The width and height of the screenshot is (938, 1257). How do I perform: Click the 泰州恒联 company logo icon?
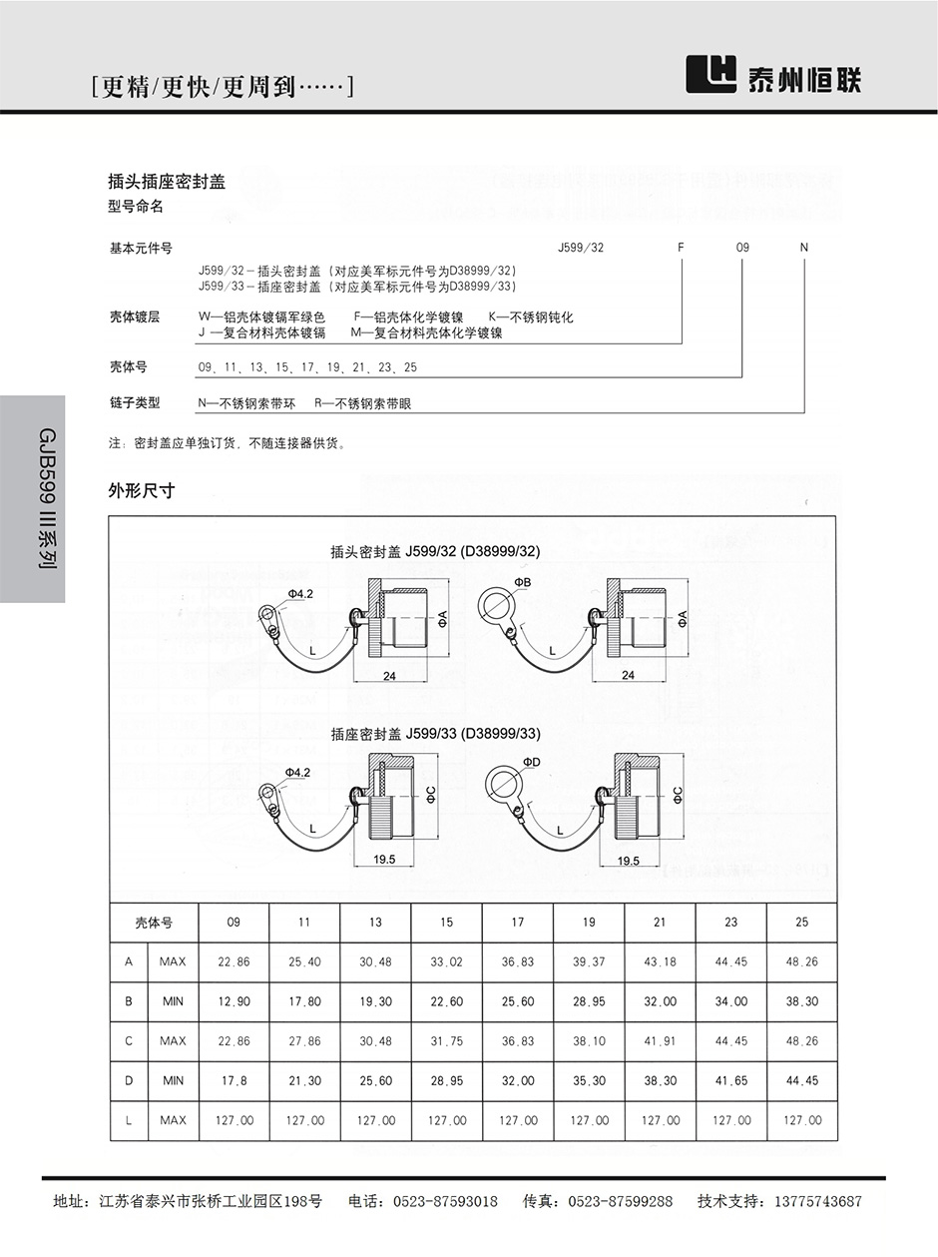pos(711,73)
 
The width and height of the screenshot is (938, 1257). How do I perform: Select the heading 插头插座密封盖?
pos(167,181)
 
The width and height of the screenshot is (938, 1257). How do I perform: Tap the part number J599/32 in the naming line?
pos(582,248)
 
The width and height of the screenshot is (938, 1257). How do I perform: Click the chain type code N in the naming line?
pos(804,248)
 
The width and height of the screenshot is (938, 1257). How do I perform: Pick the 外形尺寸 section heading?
pos(141,490)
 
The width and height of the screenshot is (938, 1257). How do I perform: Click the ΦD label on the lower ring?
pos(529,763)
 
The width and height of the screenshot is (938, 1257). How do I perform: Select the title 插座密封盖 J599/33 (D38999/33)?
pos(435,734)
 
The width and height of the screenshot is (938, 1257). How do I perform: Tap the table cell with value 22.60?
pos(446,1001)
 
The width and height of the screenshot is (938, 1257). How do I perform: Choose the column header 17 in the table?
pos(517,922)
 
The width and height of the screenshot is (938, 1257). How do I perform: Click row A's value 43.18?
pos(660,961)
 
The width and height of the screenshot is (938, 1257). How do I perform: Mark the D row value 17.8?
pos(234,1080)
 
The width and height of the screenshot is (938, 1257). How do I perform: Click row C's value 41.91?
pos(660,1040)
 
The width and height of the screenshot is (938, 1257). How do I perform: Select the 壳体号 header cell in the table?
pos(154,923)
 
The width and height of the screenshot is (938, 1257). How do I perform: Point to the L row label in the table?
pos(129,1120)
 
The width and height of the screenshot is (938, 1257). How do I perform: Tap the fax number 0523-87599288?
pos(620,1201)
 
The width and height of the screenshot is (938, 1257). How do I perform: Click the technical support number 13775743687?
pos(809,1201)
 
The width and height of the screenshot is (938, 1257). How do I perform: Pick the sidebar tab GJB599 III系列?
pos(32,498)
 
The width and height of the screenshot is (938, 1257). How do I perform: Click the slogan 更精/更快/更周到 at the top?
pos(222,88)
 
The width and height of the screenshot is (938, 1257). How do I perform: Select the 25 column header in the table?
pos(802,922)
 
